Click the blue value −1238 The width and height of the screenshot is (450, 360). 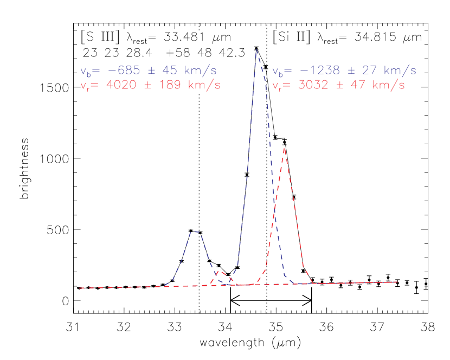320,70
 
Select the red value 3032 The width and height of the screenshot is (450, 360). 314,85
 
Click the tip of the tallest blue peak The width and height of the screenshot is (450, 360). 256,49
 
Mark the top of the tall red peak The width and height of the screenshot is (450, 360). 284,148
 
